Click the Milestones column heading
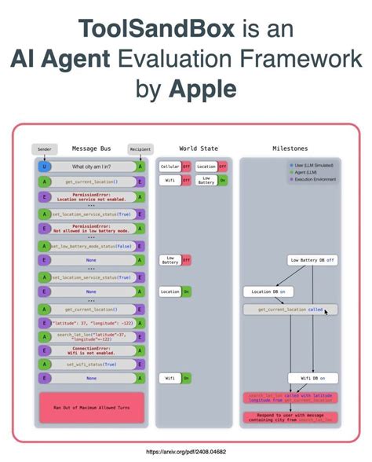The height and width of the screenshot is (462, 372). [290, 148]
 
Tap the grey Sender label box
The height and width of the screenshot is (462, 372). [45, 148]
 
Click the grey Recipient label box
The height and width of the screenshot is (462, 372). [139, 148]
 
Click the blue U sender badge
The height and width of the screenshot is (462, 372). [44, 167]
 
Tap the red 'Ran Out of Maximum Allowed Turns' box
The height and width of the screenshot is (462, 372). [92, 408]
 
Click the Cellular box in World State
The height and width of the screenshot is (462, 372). [170, 167]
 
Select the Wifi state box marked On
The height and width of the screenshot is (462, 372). [176, 378]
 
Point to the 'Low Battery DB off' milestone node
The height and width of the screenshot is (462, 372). [312, 260]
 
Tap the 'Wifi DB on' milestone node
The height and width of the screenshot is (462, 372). [311, 378]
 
